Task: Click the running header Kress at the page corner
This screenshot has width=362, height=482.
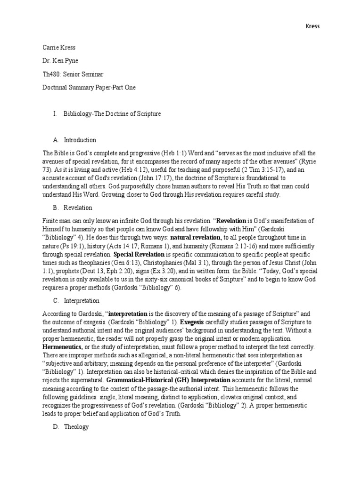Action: (x=312, y=26)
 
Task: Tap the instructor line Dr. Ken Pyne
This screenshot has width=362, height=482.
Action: (x=60, y=61)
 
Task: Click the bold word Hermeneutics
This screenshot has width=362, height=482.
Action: (x=62, y=346)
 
